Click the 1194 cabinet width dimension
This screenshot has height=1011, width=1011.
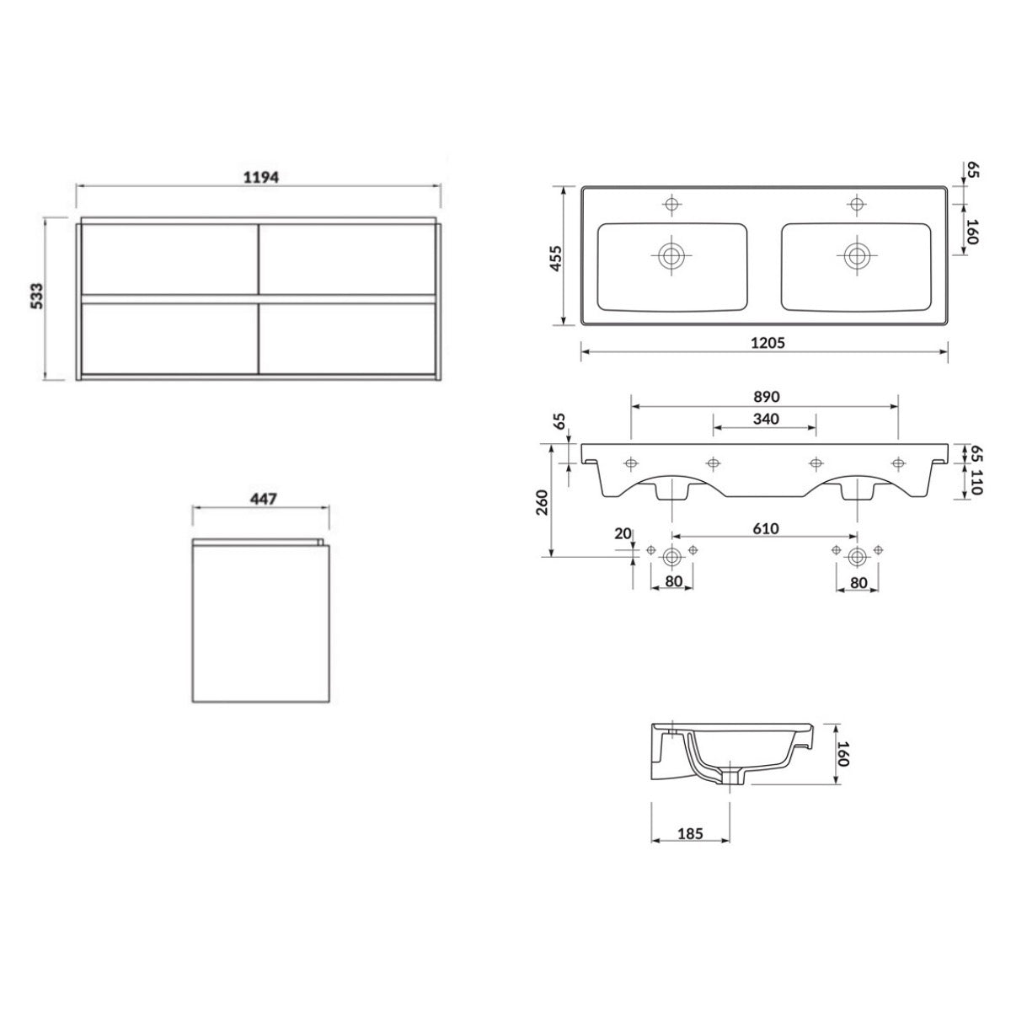pyautogui.click(x=259, y=177)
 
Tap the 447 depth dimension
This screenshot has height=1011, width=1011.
pyautogui.click(x=260, y=498)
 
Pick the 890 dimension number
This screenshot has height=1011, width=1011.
pyautogui.click(x=765, y=396)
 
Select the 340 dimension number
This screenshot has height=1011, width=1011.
pyautogui.click(x=765, y=419)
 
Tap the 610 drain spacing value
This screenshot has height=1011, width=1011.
pyautogui.click(x=765, y=528)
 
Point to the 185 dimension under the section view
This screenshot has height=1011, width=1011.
pyautogui.click(x=690, y=834)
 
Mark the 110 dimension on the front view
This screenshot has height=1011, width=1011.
pyautogui.click(x=977, y=483)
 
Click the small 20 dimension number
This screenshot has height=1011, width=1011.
pyautogui.click(x=623, y=532)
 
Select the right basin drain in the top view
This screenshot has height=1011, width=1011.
pyautogui.click(x=857, y=254)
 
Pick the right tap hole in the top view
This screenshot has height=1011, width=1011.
pyautogui.click(x=857, y=204)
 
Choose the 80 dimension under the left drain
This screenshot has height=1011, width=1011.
pyautogui.click(x=671, y=581)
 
